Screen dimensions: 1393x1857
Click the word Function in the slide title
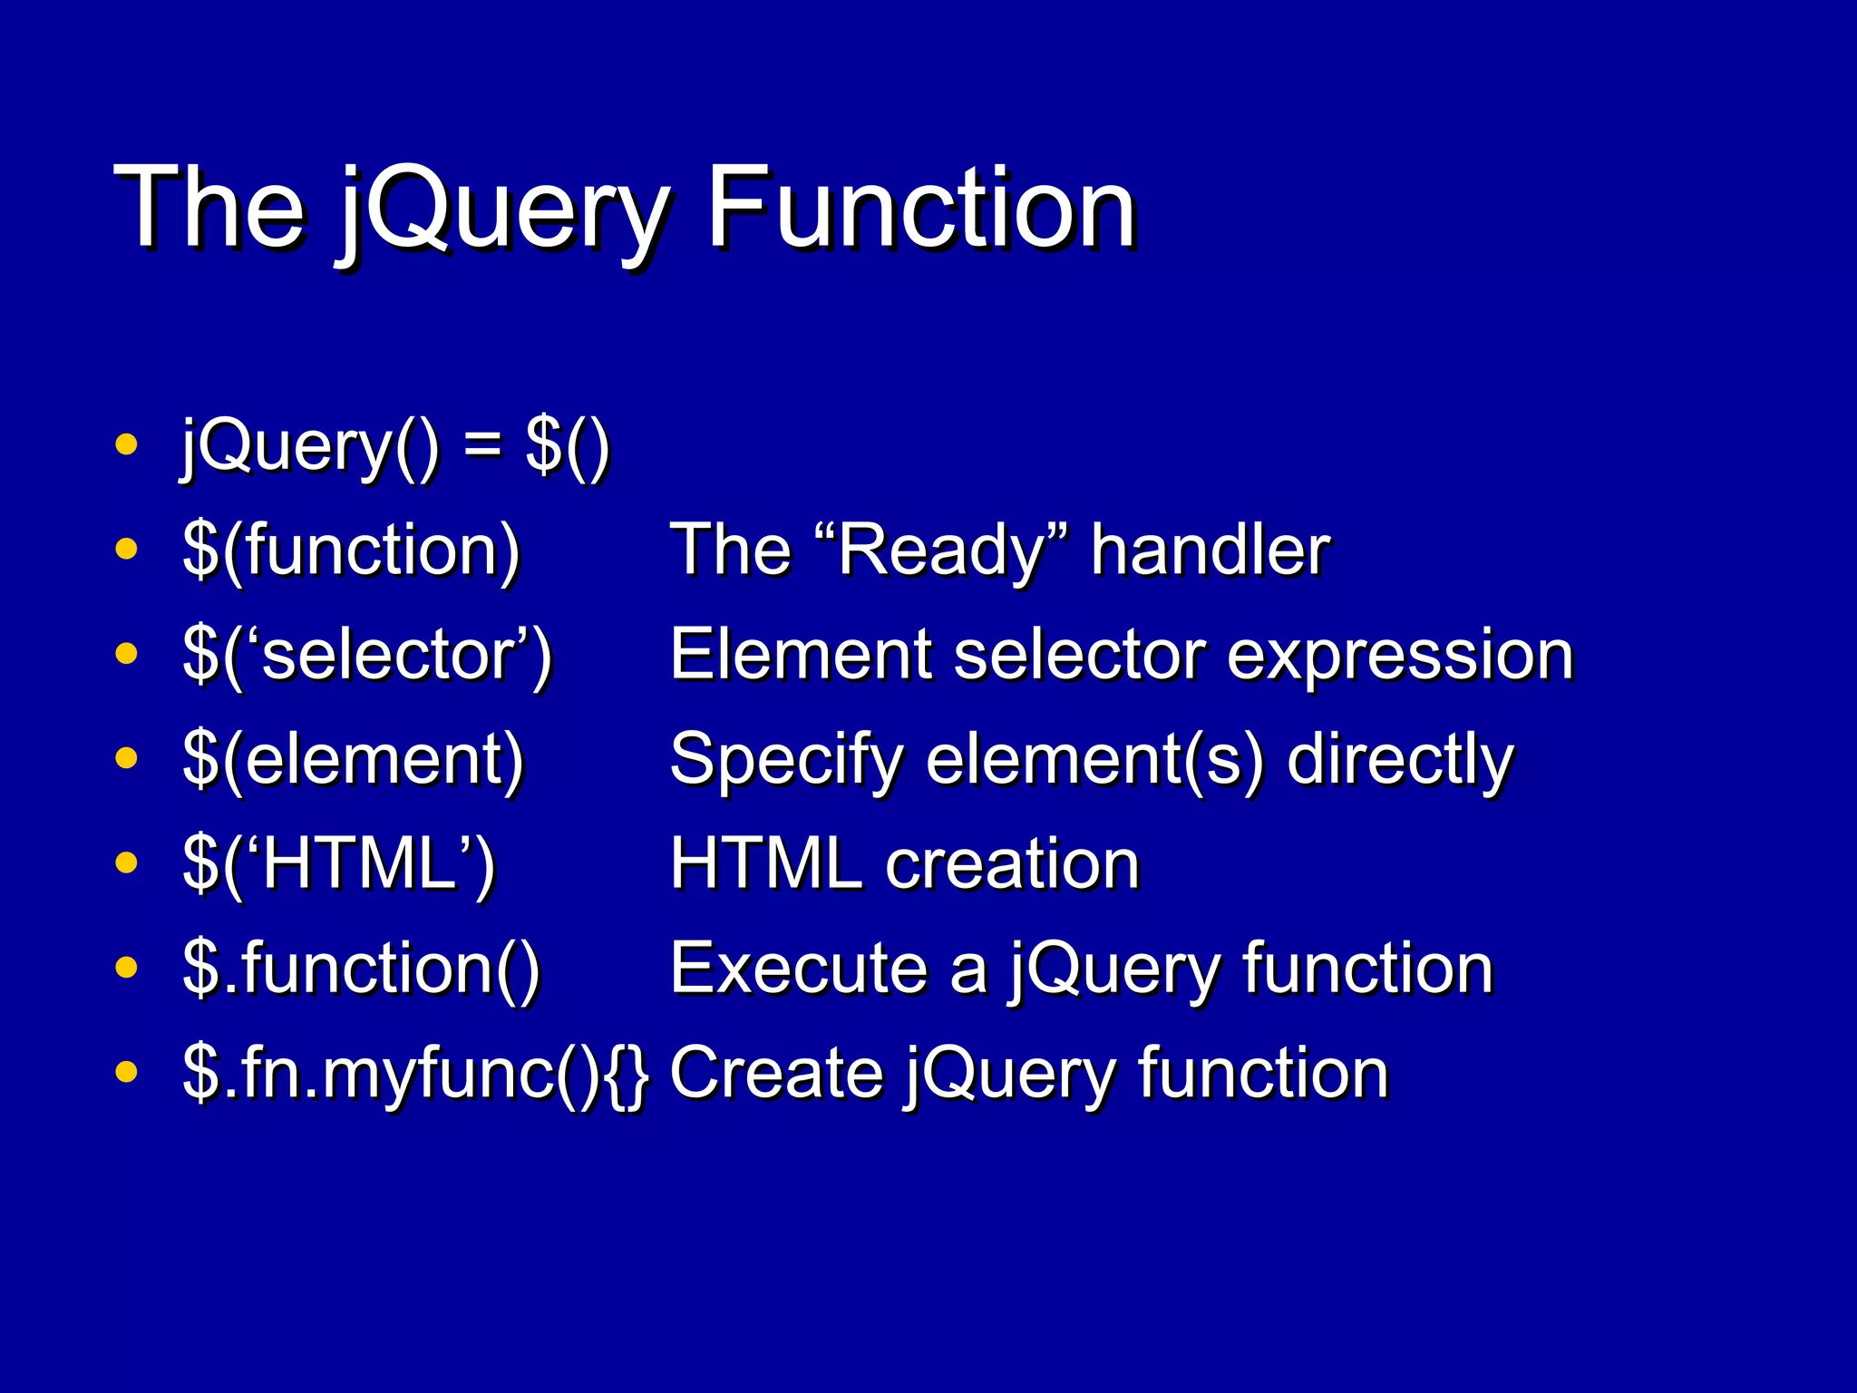click(919, 209)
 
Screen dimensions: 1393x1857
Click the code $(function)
click(351, 550)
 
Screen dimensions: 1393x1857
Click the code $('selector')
click(367, 655)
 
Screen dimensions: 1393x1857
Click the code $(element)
click(353, 759)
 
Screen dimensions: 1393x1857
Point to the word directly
click(1400, 760)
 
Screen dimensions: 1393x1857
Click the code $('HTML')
click(339, 863)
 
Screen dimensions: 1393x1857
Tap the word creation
click(1012, 864)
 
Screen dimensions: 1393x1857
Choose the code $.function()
click(361, 969)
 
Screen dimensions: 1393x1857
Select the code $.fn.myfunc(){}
click(415, 1073)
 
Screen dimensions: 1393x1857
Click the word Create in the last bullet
click(776, 1073)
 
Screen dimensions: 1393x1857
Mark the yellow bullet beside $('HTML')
click(127, 862)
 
